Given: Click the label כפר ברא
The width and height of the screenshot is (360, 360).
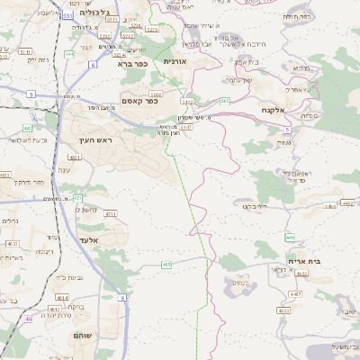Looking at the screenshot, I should pyautogui.click(x=130, y=64).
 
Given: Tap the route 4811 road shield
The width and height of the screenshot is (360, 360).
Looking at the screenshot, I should pyautogui.click(x=76, y=157).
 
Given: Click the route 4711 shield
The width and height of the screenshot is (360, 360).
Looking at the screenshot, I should pyautogui.click(x=111, y=214).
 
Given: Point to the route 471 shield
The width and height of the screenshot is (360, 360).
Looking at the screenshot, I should pyautogui.click(x=77, y=198).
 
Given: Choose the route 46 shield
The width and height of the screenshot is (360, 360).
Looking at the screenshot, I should pyautogui.click(x=29, y=318).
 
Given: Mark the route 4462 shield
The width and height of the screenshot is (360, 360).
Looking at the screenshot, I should pyautogui.click(x=347, y=204).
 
